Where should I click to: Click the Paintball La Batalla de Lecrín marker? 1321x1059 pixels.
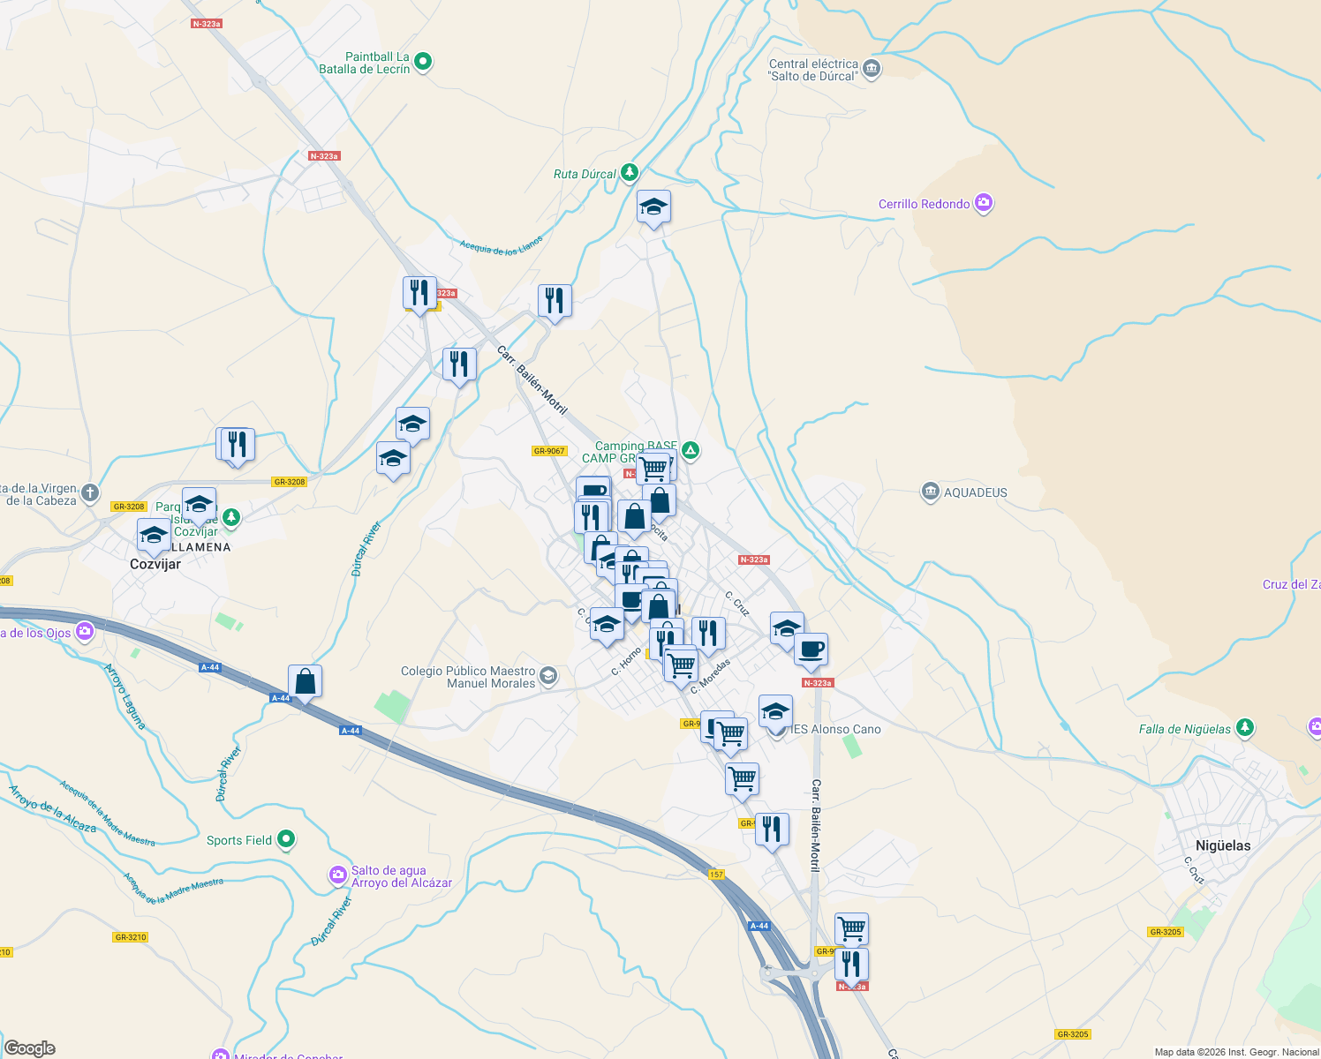[x=423, y=62]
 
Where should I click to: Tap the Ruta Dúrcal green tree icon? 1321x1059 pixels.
[x=629, y=172]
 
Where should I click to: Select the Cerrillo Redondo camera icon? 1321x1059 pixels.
[x=984, y=203]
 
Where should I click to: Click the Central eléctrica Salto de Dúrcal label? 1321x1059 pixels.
[x=813, y=70]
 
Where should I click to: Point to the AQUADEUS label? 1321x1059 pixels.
[x=975, y=492]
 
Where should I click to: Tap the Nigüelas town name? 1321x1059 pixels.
[x=1222, y=845]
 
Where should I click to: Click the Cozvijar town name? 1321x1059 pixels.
[x=155, y=564]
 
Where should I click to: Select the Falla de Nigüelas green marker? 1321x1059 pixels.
[x=1244, y=728]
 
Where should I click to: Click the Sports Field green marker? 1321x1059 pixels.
[x=286, y=839]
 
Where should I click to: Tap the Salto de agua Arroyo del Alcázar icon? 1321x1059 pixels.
[x=337, y=875]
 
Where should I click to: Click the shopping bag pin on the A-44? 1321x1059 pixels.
[x=305, y=682]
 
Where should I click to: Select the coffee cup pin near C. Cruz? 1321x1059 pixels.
[x=811, y=650]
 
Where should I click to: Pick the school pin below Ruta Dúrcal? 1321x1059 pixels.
[x=653, y=207]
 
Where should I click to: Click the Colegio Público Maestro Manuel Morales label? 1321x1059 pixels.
[x=468, y=677]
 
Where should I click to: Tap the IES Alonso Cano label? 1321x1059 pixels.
[x=836, y=729]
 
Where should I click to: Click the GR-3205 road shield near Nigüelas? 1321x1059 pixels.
[x=1166, y=932]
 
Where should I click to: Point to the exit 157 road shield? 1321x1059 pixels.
[x=716, y=875]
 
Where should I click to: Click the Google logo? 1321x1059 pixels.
[x=29, y=1048]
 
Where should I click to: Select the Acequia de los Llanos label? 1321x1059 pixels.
[x=501, y=246]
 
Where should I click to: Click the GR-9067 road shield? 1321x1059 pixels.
[x=549, y=451]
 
